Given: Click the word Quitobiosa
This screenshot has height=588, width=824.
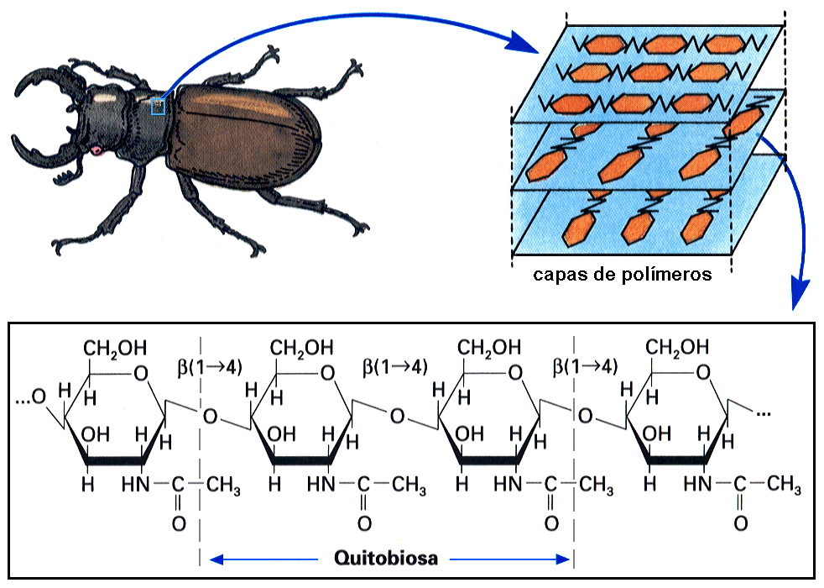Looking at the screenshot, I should [x=386, y=558].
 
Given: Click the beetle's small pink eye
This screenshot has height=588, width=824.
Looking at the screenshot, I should [x=96, y=150].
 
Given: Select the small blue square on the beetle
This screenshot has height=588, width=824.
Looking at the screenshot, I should [x=158, y=107].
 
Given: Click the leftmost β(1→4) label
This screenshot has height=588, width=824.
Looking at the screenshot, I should [x=211, y=366].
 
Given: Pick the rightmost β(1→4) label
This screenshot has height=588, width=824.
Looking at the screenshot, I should [x=586, y=366].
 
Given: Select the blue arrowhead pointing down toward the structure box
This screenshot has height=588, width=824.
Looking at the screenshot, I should [x=801, y=297].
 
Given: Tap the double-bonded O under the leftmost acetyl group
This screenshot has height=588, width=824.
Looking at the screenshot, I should [x=177, y=523].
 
